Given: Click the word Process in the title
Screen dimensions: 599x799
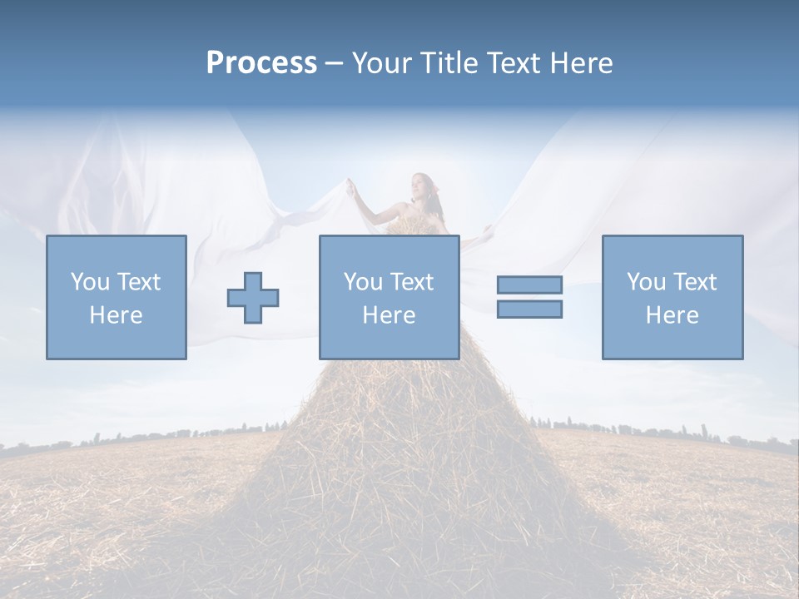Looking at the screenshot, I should [261, 63].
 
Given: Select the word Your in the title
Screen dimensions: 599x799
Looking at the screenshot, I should [383, 63].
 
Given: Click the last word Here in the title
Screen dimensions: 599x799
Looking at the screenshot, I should [581, 63].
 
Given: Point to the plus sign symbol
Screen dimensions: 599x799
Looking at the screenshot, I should [253, 297].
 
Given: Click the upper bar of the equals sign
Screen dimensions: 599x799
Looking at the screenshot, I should [529, 285].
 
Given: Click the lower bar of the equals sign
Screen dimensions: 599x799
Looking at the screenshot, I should [529, 309].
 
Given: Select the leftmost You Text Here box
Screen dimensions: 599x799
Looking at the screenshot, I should [117, 297].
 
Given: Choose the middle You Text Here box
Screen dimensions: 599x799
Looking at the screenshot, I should [390, 297].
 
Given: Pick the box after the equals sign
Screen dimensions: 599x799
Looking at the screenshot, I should [672, 297].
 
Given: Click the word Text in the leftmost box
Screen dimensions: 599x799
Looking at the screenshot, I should [138, 282].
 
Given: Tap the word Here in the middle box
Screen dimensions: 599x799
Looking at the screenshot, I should [390, 315].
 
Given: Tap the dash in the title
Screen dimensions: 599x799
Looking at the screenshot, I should [334, 64].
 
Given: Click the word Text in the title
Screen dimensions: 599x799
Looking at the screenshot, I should [513, 63].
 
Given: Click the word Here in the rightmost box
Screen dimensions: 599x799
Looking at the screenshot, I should [672, 315].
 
